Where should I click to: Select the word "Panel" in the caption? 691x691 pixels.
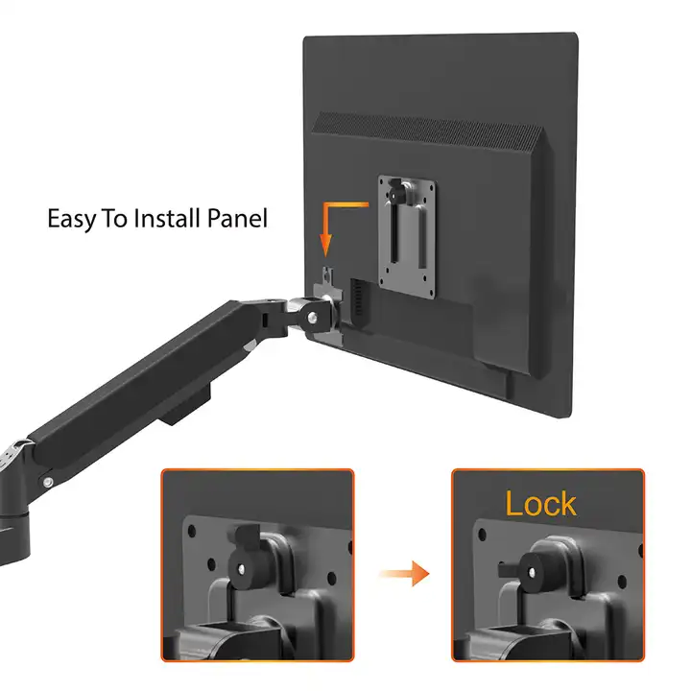pos(240,218)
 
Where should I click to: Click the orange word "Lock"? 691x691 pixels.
pos(540,504)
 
